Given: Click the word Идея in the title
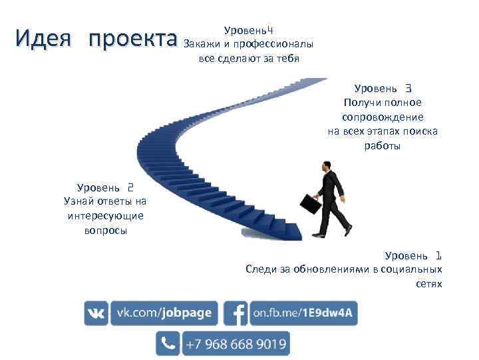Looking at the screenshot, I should [43, 39].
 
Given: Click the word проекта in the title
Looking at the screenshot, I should [132, 39].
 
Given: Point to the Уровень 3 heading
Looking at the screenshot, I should [383, 88].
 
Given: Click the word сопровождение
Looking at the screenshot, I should [383, 117].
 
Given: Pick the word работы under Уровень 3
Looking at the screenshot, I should [383, 146].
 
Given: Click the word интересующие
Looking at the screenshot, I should [105, 216].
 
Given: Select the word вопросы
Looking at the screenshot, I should [105, 231].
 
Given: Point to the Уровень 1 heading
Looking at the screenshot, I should [412, 255].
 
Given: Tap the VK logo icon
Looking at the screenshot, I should [96, 313].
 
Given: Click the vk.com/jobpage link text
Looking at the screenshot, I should [164, 313].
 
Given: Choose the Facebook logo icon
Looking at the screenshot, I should [236, 313].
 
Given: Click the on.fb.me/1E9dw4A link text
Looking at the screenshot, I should [303, 313].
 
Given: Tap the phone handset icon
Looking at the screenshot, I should [168, 344].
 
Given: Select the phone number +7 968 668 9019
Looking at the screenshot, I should [236, 344].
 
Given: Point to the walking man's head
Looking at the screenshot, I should [326, 165].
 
